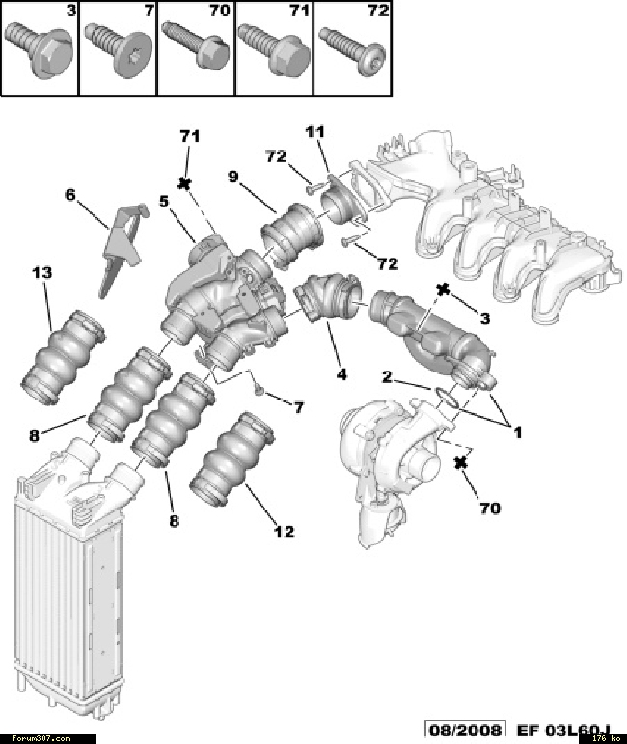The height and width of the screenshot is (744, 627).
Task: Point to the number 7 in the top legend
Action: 148,12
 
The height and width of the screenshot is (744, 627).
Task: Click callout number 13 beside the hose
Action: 41,274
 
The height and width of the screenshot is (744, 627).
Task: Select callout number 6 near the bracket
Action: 70,194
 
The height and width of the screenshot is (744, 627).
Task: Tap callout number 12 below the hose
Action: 283,531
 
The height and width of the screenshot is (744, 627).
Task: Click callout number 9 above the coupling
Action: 232,176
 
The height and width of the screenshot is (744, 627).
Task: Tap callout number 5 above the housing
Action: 164,202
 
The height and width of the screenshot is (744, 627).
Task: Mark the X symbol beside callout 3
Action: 444,289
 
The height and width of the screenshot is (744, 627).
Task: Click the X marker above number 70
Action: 461,464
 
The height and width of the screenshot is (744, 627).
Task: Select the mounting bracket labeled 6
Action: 118,246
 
